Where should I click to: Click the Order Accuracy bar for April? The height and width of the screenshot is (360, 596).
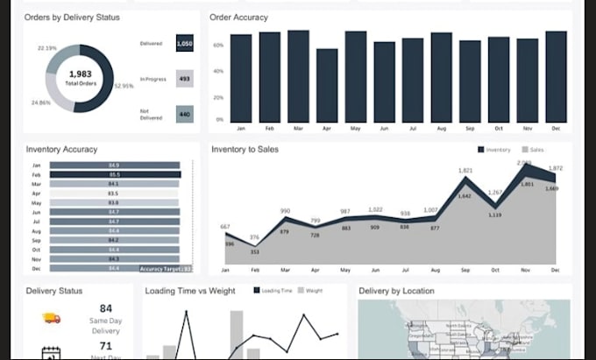[x=327, y=85]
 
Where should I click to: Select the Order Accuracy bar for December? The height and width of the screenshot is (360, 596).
[x=556, y=76]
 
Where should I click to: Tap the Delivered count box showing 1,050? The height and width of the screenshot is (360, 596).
[x=184, y=43]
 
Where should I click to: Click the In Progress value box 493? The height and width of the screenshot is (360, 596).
[x=184, y=79]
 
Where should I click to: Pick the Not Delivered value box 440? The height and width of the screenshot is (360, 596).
[x=184, y=113]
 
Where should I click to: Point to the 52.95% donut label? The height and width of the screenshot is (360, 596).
[x=124, y=86]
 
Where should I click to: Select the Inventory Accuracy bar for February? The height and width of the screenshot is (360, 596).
[x=115, y=174]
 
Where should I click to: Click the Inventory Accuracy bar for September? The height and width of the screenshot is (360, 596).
[x=115, y=240]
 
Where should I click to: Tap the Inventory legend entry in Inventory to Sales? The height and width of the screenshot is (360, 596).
[x=494, y=150]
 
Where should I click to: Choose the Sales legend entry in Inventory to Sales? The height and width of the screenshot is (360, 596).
[x=534, y=150]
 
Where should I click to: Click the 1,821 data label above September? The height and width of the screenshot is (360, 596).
[x=465, y=170]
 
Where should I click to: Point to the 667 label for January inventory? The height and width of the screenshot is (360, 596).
[x=226, y=227]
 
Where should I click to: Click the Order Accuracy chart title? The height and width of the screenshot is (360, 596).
[x=239, y=18]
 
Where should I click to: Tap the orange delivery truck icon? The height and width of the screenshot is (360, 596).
[x=51, y=319]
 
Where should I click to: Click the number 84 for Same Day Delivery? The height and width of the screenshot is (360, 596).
[x=106, y=308]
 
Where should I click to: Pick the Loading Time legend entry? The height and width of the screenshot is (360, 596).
[x=273, y=290]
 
